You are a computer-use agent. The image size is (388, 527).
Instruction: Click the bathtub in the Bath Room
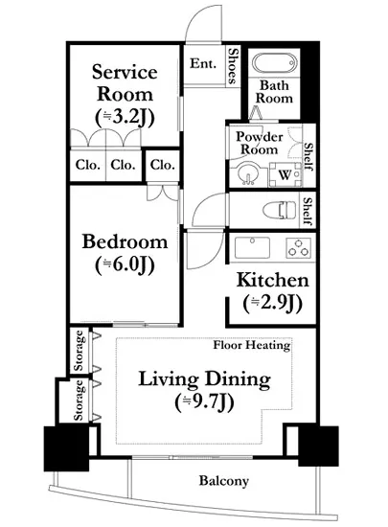pyautogui.click(x=274, y=63)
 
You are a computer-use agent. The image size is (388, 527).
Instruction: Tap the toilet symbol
pyautogui.click(x=280, y=211)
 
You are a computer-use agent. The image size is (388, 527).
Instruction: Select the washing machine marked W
pyautogui.click(x=285, y=174)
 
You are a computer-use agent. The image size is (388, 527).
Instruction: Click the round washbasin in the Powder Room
pyautogui.click(x=248, y=173)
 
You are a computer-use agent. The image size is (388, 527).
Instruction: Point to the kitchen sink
pyautogui.click(x=252, y=247)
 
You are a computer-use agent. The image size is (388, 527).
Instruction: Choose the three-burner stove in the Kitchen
pyautogui.click(x=299, y=248)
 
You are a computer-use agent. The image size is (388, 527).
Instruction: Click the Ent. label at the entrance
pyautogui.click(x=203, y=63)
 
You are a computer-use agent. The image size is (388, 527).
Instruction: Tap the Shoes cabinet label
pyautogui.click(x=233, y=65)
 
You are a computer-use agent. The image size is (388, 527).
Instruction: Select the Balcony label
pyautogui.click(x=224, y=481)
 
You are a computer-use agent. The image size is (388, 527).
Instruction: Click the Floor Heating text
pyautogui.click(x=252, y=345)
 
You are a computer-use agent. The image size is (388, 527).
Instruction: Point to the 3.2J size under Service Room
pyautogui.click(x=125, y=118)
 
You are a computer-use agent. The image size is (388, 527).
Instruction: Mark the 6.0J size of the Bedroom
pyautogui.click(x=125, y=265)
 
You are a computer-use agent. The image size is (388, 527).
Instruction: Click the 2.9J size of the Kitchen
pyautogui.click(x=272, y=304)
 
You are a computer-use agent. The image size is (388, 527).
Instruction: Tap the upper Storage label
pyautogui.click(x=79, y=351)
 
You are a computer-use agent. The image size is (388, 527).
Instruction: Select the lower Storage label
pyautogui.click(x=79, y=401)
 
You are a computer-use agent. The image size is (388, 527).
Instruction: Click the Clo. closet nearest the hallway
pyautogui.click(x=163, y=165)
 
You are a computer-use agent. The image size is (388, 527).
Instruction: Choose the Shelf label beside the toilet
pyautogui.click(x=308, y=211)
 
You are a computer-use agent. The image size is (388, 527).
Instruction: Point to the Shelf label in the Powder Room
pyautogui.click(x=308, y=156)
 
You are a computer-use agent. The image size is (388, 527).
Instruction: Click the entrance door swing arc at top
pyautogui.click(x=193, y=16)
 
